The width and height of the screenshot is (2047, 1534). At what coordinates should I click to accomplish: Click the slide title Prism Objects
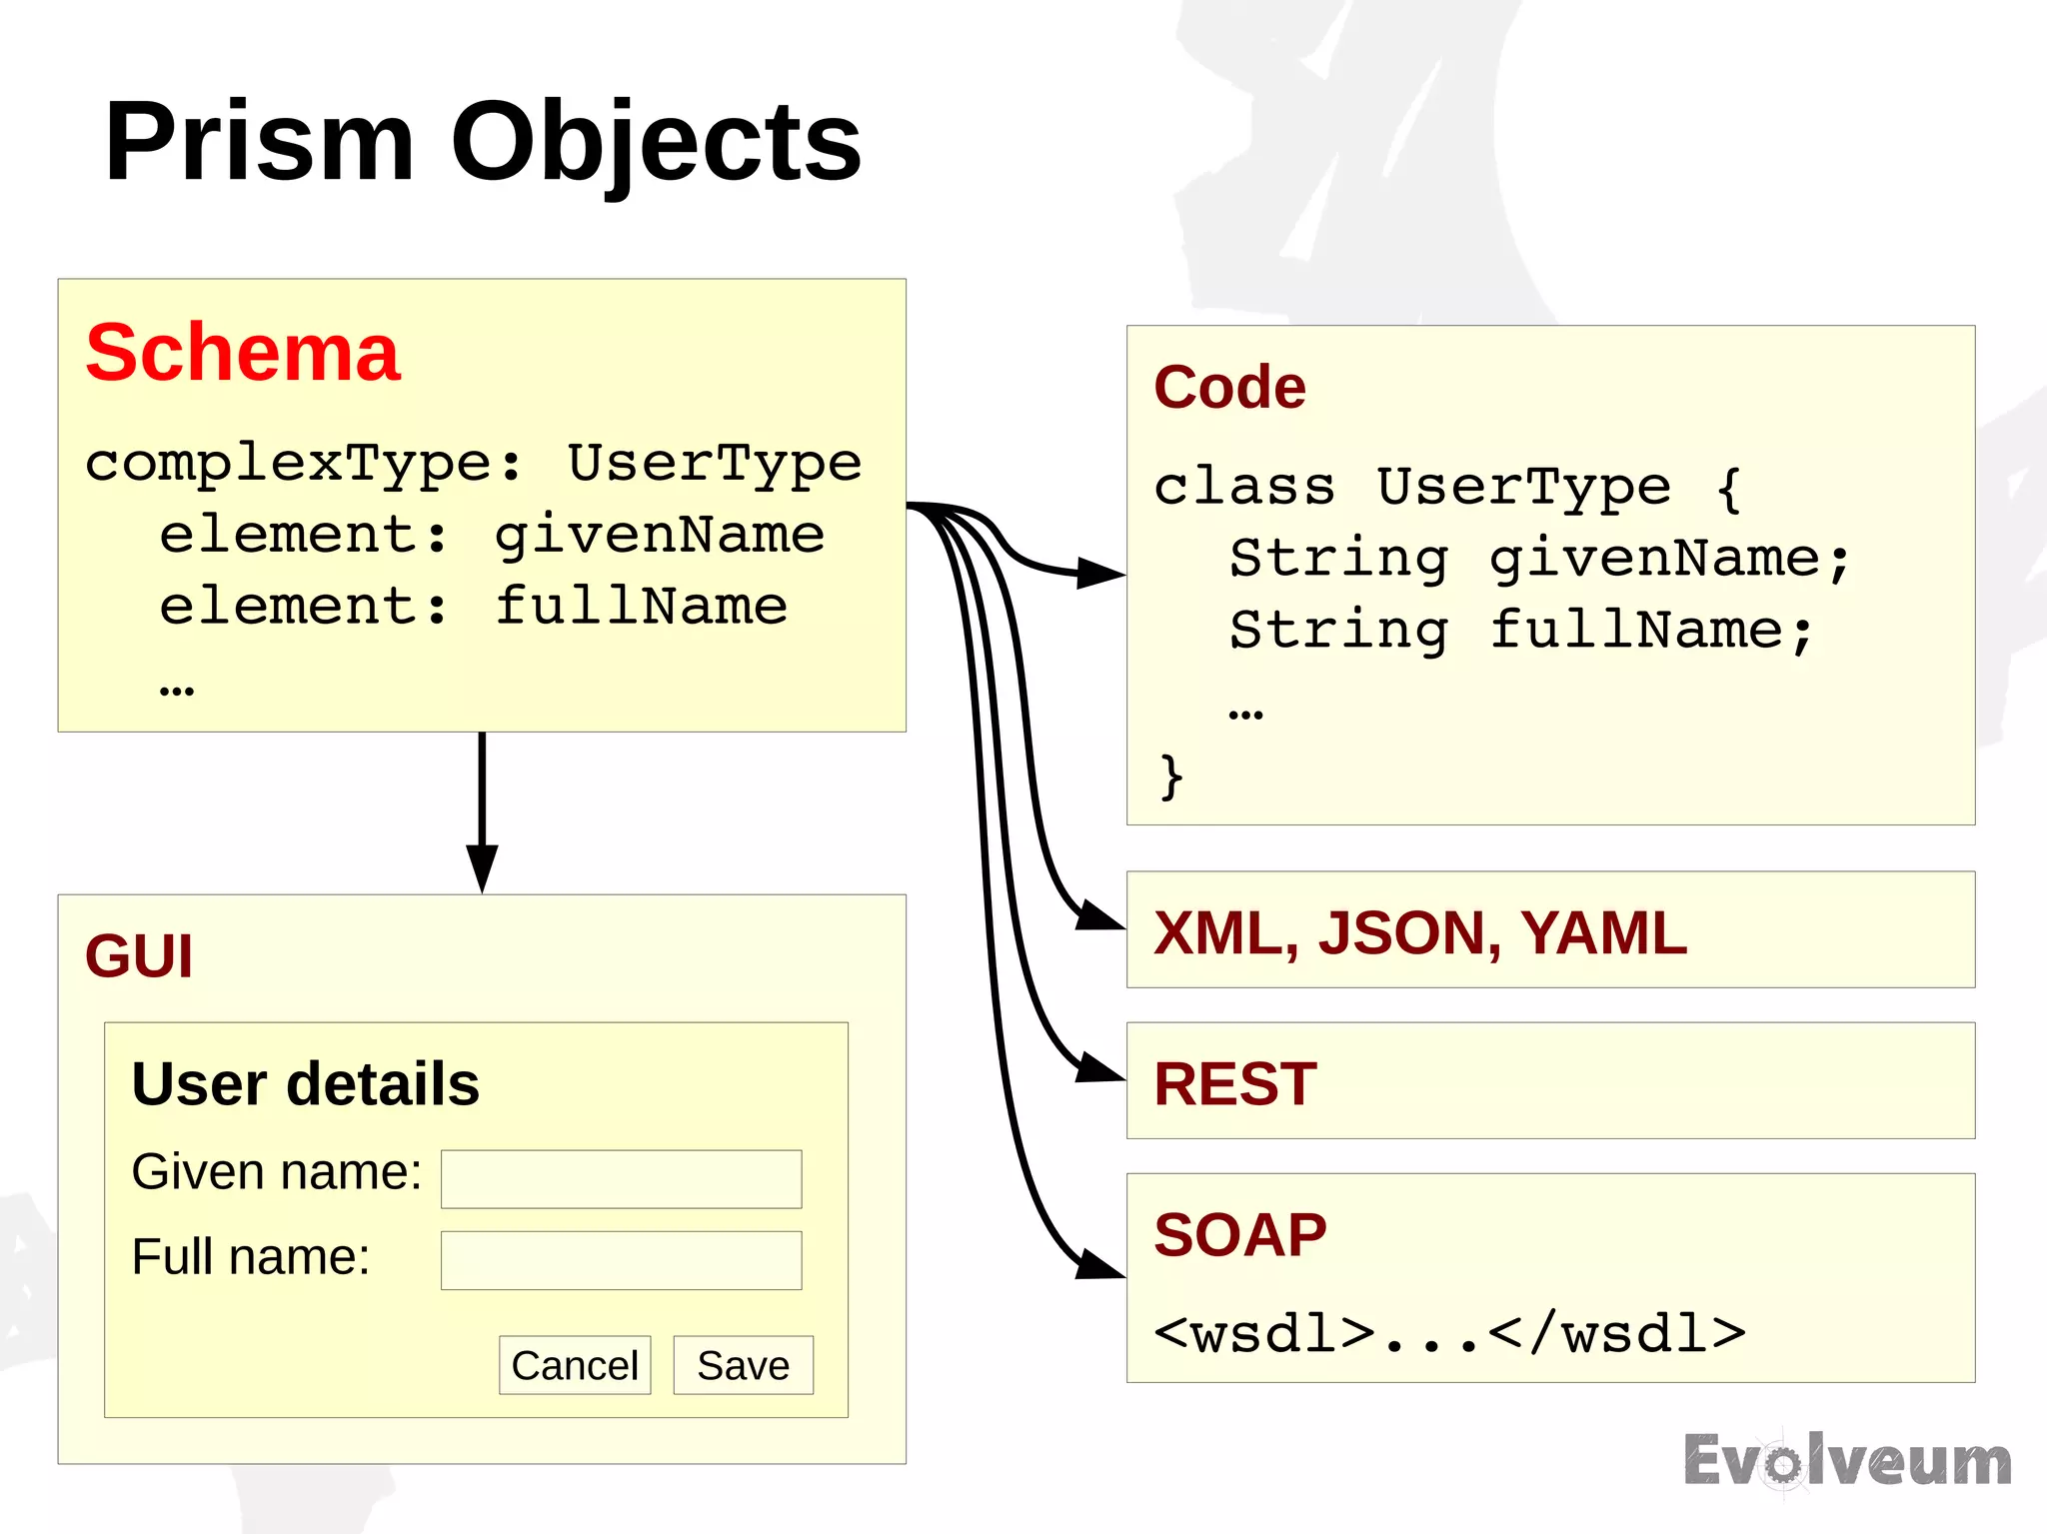pos(482,142)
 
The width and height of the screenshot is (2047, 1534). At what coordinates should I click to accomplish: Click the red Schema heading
pos(243,353)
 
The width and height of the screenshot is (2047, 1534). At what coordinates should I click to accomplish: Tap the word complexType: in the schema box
pos(304,464)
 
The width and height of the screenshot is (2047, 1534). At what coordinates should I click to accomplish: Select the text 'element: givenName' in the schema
pos(492,536)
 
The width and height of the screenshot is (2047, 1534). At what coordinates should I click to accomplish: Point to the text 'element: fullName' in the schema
pos(474,607)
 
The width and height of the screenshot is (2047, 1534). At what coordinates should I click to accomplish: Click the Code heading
pos(1229,388)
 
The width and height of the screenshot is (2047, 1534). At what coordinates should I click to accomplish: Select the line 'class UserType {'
pos(1447,488)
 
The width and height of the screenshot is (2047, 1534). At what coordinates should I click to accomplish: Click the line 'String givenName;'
pos(1539,559)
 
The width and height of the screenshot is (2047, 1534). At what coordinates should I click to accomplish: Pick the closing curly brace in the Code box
pos(1170,776)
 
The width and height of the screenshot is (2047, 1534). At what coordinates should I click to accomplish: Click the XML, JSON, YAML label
pos(1419,932)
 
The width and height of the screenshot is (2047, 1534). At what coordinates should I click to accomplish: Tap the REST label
pos(1235,1083)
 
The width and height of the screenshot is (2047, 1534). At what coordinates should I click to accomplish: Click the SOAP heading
pos(1239,1235)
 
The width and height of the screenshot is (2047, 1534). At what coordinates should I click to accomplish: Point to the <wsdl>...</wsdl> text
pos(1449,1334)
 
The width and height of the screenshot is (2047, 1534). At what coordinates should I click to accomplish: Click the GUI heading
pos(139,956)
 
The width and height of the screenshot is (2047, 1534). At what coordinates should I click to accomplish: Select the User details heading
pos(305,1084)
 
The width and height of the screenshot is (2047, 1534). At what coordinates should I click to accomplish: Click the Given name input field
pos(621,1179)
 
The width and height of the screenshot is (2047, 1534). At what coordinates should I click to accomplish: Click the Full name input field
pos(621,1260)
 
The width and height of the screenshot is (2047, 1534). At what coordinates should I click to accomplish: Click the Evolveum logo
pos(1847,1462)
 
